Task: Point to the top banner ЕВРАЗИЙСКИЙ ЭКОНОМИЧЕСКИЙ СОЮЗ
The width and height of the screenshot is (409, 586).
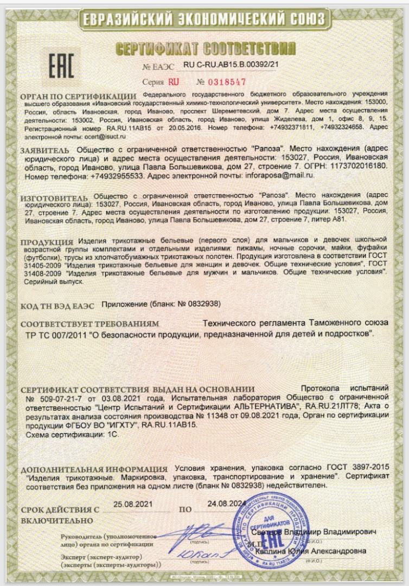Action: [x=204, y=20]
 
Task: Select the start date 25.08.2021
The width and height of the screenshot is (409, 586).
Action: [x=133, y=504]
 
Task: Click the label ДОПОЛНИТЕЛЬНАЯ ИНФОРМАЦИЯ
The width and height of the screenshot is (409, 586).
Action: [x=94, y=468]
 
